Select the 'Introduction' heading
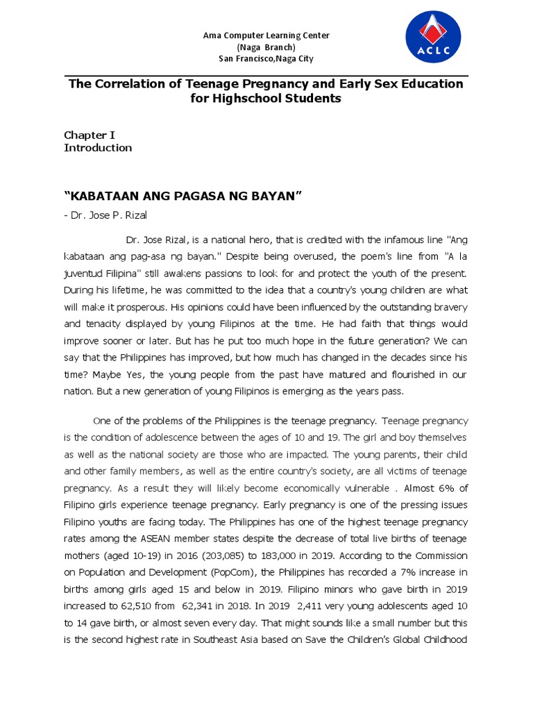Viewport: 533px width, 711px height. pyautogui.click(x=98, y=148)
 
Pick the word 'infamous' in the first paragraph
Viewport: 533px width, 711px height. pyautogui.click(x=390, y=240)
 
